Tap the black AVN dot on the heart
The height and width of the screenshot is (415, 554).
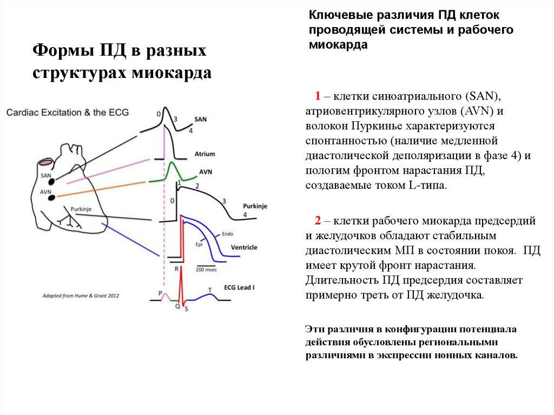(x=52, y=197)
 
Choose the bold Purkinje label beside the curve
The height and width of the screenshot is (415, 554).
(x=255, y=206)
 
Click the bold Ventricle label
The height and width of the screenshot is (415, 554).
(x=244, y=247)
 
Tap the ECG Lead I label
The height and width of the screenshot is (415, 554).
(x=239, y=287)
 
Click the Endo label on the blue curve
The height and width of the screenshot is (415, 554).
(x=227, y=234)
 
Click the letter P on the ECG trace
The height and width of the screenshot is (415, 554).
(x=160, y=293)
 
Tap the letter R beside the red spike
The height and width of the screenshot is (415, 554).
(x=176, y=268)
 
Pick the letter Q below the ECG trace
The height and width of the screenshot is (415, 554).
(x=177, y=306)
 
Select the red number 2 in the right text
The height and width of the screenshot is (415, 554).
(x=319, y=221)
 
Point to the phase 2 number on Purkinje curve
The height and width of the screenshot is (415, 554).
(x=197, y=186)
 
